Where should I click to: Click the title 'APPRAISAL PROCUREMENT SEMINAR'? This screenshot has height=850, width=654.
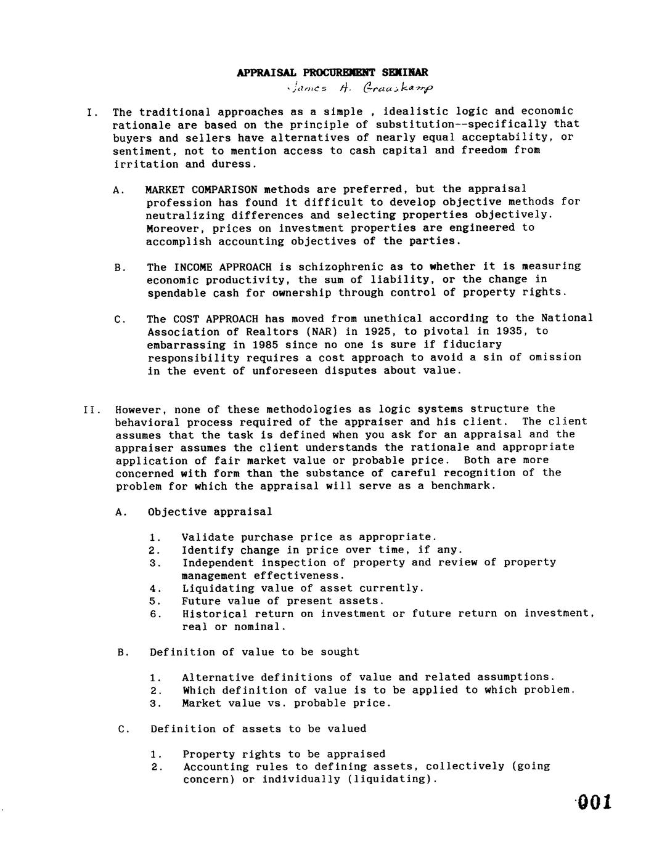coord(332,73)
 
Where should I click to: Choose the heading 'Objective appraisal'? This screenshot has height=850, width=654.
coord(210,512)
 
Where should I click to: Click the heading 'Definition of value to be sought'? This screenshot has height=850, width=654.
coord(254,652)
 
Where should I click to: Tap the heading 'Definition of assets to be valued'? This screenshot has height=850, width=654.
coord(258,729)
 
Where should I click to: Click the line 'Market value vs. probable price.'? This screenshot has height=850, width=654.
coord(287,703)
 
